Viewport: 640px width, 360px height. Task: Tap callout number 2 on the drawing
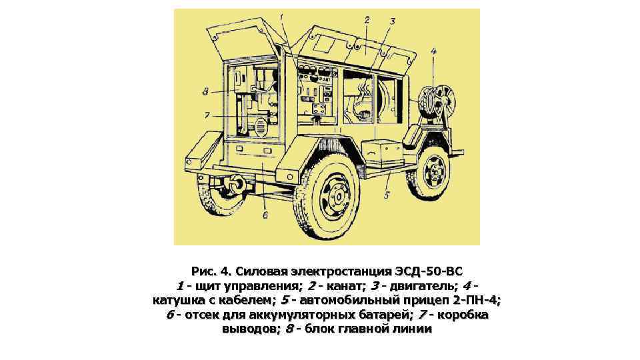click(x=367, y=21)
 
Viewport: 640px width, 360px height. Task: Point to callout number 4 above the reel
click(x=434, y=51)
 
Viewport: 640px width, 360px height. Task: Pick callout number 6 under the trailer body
click(x=265, y=215)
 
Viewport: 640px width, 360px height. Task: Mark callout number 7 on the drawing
click(x=207, y=114)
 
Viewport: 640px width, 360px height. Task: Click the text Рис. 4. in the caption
click(x=209, y=271)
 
